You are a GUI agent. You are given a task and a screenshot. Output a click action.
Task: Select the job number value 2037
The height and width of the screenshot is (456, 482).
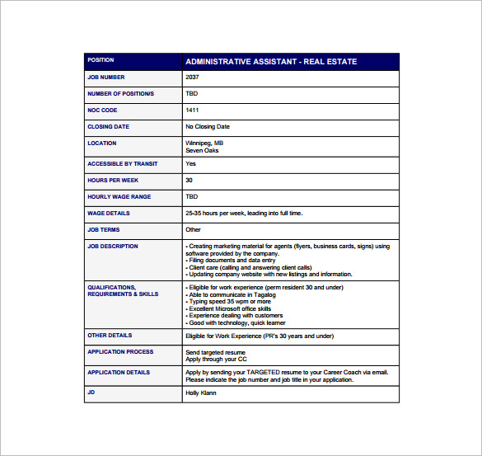tap(192, 78)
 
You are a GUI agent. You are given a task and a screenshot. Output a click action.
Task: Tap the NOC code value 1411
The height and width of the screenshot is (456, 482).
tap(192, 110)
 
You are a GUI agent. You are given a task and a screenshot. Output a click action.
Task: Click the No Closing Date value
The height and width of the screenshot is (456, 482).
tap(208, 127)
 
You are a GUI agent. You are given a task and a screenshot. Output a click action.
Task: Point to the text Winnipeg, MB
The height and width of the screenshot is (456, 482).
tap(204, 143)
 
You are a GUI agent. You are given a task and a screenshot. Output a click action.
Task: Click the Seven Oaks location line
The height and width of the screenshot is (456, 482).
tap(201, 150)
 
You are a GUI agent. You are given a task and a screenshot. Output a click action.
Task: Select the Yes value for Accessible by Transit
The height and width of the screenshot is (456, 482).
tap(190, 163)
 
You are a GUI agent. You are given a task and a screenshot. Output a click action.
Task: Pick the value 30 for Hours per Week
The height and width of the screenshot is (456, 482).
tap(190, 180)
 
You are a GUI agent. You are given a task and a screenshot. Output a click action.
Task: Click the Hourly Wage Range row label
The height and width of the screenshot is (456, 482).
tap(119, 196)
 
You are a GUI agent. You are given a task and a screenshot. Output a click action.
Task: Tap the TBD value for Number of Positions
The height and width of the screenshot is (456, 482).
tap(192, 94)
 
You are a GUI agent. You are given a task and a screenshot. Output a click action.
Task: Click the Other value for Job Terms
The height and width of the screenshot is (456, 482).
tap(193, 230)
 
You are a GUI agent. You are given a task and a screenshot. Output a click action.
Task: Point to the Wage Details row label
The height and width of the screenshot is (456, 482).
tap(108, 213)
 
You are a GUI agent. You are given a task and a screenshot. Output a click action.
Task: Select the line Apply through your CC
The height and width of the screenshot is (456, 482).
tap(216, 359)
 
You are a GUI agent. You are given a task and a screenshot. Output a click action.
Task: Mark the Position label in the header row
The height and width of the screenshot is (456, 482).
tap(101, 60)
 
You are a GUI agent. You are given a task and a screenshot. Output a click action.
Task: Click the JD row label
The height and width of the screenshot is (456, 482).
tap(91, 393)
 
